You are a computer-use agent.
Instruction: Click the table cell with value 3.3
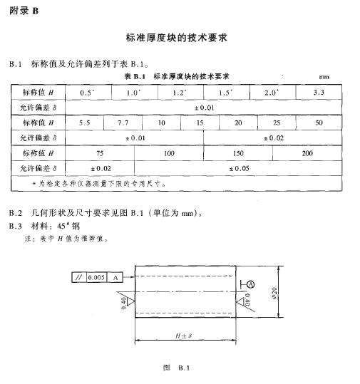click(x=319, y=93)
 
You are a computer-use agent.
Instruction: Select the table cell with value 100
click(x=168, y=153)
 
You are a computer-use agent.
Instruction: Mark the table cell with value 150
click(x=238, y=153)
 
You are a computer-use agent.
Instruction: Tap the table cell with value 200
click(x=307, y=153)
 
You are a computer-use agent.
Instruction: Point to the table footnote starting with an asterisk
click(x=99, y=183)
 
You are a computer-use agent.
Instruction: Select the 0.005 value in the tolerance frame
click(x=96, y=278)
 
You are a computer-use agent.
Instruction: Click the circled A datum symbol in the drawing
click(x=250, y=284)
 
